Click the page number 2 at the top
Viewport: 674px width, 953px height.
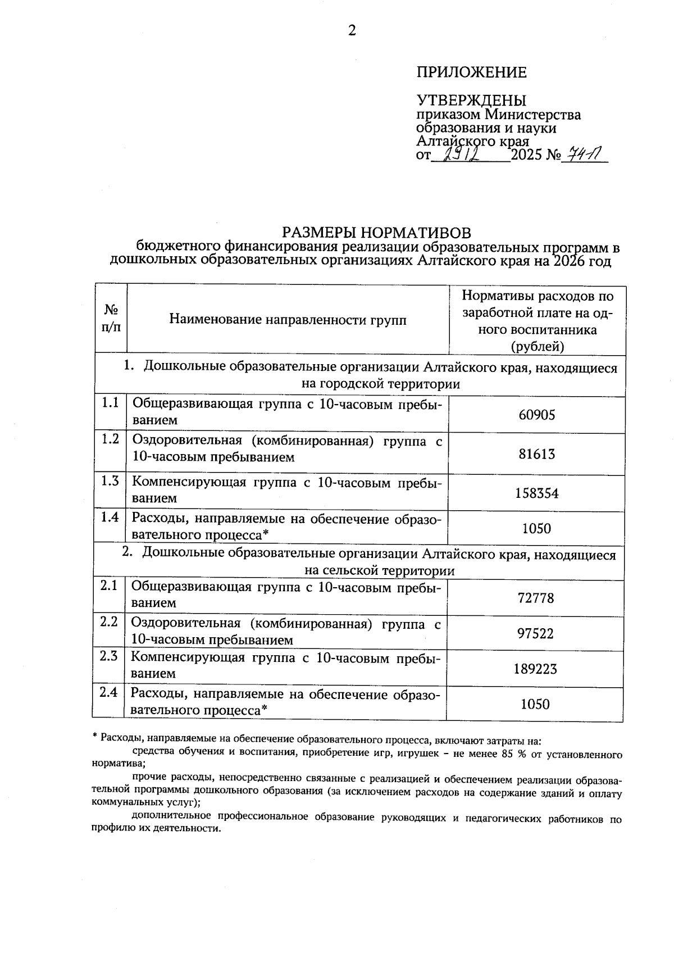352,31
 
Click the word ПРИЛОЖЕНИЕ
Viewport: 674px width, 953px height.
471,72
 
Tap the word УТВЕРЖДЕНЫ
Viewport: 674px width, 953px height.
471,101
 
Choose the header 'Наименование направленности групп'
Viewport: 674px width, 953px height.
288,320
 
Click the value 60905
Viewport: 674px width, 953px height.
536,415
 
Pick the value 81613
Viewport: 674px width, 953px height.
536,454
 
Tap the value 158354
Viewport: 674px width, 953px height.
536,493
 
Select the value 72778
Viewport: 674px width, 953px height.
535,598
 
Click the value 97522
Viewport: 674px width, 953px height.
535,634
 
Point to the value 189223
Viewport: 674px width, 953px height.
535,669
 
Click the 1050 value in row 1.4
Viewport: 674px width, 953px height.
536,529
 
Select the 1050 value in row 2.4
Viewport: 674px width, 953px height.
535,704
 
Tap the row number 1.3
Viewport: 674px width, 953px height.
110,481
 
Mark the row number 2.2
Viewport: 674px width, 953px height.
109,622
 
